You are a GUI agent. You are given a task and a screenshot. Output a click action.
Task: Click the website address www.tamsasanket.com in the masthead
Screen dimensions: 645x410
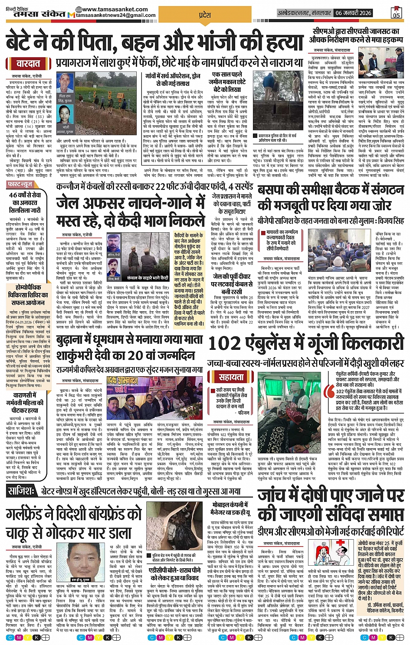(115, 9)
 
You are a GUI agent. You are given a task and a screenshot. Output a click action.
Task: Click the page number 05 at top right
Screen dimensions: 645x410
(396, 13)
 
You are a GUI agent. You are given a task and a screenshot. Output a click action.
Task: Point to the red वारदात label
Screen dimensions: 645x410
(28, 64)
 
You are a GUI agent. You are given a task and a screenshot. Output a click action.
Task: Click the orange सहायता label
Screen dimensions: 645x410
(231, 377)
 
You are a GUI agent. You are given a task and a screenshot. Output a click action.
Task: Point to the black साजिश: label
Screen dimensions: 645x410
(21, 491)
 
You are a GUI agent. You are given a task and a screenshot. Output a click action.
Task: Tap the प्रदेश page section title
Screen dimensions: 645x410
(204, 15)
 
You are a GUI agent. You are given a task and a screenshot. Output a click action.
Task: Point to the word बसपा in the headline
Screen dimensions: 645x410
(274, 190)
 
